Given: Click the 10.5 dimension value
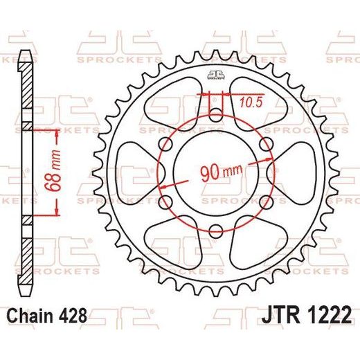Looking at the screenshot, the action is click(x=251, y=102).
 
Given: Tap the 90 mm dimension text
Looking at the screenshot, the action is click(x=222, y=172).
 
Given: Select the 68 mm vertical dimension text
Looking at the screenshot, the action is click(x=53, y=171).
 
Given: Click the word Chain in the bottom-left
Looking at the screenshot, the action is click(x=30, y=316).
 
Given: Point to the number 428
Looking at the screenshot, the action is click(x=73, y=316).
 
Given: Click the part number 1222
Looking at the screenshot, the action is click(x=327, y=315).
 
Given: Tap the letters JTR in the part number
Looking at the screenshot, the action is click(x=280, y=315).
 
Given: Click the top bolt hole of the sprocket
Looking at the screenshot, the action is click(x=216, y=115).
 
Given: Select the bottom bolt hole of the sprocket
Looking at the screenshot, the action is click(x=216, y=231).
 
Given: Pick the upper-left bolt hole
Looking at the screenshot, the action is click(x=165, y=144).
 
